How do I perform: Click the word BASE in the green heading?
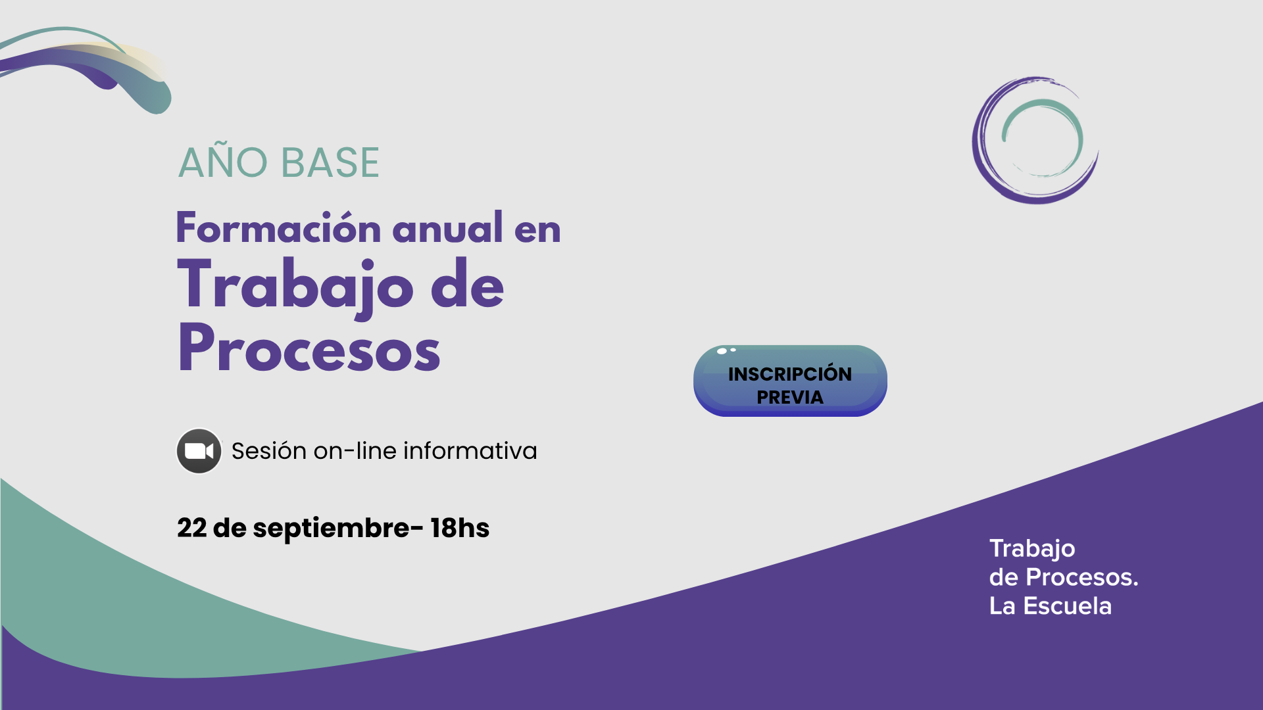(330, 162)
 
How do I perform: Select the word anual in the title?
(448, 227)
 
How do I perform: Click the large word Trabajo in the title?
(296, 287)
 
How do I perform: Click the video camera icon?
(199, 451)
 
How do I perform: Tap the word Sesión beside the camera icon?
(269, 451)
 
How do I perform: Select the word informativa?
(470, 451)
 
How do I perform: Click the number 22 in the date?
(192, 528)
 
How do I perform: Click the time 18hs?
(460, 528)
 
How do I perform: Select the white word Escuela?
(1068, 606)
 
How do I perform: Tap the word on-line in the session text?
(355, 451)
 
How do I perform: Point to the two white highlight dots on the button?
(726, 350)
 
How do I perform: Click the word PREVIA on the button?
(790, 397)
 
